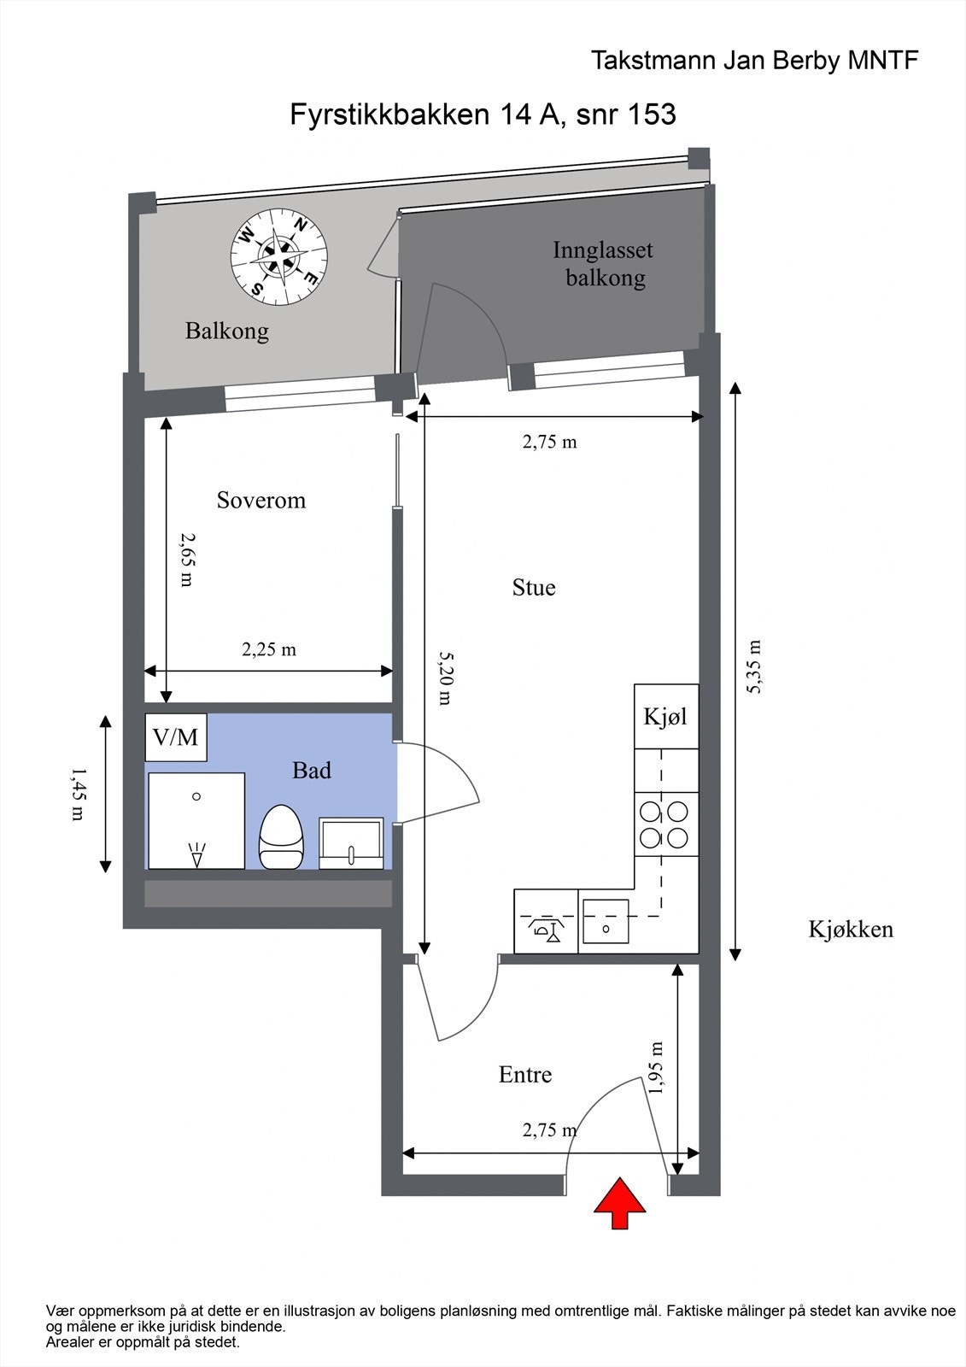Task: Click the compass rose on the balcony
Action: click(x=279, y=257)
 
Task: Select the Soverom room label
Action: click(x=261, y=501)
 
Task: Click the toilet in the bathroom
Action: click(x=281, y=836)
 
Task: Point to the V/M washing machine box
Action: click(x=176, y=737)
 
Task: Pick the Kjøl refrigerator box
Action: click(x=666, y=717)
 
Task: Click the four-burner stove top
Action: click(x=666, y=824)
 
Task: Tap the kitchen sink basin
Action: click(x=606, y=922)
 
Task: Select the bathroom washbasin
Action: click(x=352, y=842)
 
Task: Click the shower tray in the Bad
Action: click(x=196, y=821)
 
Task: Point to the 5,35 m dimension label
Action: click(x=755, y=666)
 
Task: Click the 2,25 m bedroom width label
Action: click(x=269, y=649)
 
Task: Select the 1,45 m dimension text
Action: click(x=78, y=794)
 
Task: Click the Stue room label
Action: click(x=534, y=588)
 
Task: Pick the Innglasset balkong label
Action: click(x=604, y=264)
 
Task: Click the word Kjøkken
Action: click(x=852, y=929)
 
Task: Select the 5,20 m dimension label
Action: click(x=446, y=678)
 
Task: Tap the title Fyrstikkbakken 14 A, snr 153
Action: click(x=483, y=114)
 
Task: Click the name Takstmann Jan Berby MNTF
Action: click(x=755, y=61)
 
